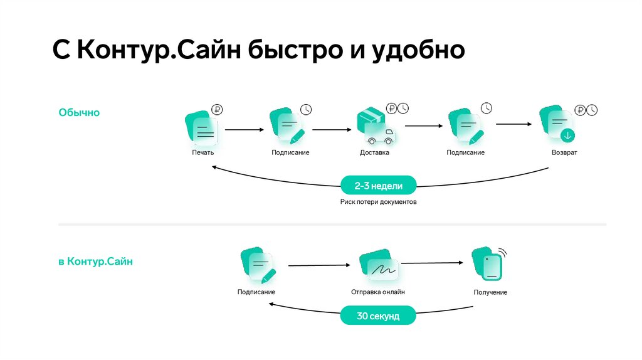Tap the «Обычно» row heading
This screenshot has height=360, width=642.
coord(79,112)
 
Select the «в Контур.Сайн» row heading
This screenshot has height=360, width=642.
coord(95,262)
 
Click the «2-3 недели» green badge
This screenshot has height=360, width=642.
coord(378,186)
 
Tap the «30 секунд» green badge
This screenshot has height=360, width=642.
coord(378,315)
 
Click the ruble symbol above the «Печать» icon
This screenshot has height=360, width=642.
coord(217,109)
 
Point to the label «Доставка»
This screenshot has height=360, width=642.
coord(374,152)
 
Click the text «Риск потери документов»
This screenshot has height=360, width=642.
coord(378,202)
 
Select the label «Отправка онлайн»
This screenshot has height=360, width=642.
coord(378,292)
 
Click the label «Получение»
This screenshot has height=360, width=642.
coord(490,292)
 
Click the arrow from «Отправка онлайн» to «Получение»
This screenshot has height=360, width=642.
coord(436,263)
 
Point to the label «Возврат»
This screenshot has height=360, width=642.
coord(564,152)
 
